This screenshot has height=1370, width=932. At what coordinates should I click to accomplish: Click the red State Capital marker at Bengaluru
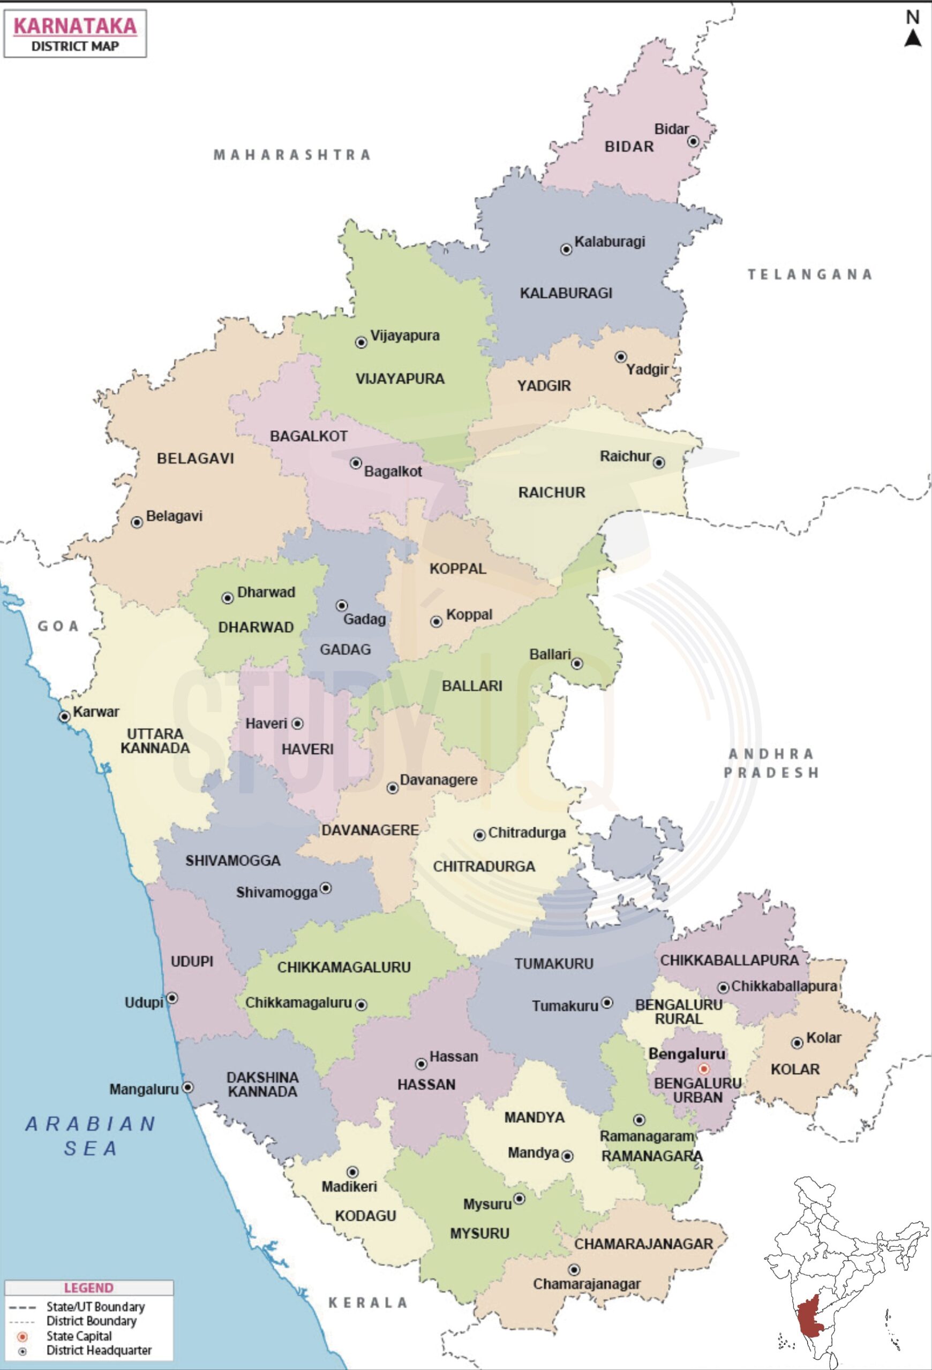703,1069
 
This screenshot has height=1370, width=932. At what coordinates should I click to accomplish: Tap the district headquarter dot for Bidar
694,141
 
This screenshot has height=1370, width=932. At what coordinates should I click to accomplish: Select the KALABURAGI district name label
566,293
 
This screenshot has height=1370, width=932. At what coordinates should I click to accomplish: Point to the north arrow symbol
913,37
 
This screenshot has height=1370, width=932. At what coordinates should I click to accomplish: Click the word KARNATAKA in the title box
75,26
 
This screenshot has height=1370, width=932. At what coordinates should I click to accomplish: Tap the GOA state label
58,626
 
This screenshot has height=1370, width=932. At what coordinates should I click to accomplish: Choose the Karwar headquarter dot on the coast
64,716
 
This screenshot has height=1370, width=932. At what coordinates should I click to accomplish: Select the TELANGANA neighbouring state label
809,274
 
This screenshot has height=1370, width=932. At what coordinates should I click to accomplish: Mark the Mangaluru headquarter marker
187,1087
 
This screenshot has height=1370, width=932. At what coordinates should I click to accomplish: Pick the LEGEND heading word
88,1288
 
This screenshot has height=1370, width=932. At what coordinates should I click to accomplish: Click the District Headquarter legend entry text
99,1350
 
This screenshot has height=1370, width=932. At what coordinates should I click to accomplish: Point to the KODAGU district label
365,1215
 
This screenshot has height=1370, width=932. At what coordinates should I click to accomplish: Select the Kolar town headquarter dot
797,1043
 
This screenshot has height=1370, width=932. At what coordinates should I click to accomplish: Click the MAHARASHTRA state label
292,155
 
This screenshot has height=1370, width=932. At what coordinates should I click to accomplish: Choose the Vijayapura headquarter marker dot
361,342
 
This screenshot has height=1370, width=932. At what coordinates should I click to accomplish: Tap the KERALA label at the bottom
367,1303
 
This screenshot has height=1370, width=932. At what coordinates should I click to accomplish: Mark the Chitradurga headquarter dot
479,835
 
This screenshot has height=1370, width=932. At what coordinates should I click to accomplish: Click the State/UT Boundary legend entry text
95,1307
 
